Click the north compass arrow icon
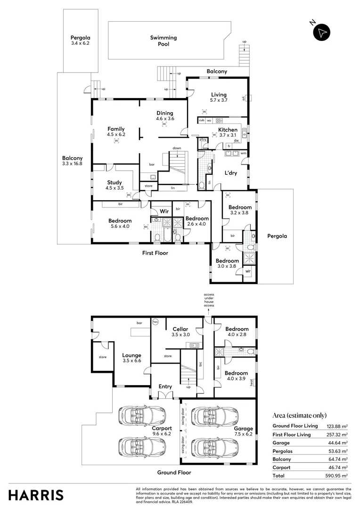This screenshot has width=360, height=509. [x=322, y=32]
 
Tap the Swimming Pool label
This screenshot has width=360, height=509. [x=163, y=41]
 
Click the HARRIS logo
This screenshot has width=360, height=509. [x=36, y=495]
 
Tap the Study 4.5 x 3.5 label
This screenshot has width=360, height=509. [x=114, y=185]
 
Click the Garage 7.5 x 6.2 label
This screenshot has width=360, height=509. [x=243, y=431]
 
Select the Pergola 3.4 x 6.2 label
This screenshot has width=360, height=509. [x=80, y=40]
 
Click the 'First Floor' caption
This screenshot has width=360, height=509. [x=155, y=253]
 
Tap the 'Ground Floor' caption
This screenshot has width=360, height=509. [x=174, y=472]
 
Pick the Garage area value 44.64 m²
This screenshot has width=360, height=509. [x=336, y=443]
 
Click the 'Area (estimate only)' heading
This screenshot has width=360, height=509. [x=299, y=415]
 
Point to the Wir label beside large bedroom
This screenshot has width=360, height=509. [x=164, y=212]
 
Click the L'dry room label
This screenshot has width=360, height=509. [x=230, y=173]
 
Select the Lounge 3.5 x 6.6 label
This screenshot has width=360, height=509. [x=131, y=358]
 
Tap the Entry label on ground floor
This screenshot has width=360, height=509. [x=165, y=386]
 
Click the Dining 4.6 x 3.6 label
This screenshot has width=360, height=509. [x=165, y=116]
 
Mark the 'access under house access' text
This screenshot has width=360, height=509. [x=209, y=299]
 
